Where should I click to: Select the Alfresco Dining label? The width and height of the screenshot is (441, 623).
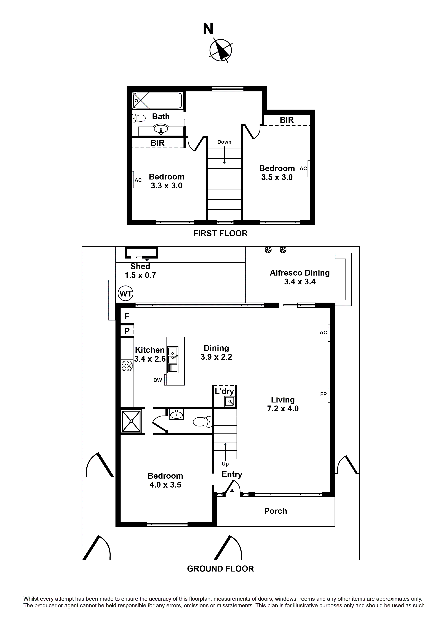[x=300, y=273]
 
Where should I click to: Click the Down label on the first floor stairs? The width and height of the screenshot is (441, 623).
[x=224, y=142]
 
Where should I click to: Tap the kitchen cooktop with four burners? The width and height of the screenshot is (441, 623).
[x=127, y=366]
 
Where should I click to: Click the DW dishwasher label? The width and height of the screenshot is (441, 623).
[x=158, y=380]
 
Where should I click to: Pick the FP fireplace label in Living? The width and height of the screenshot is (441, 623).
[x=323, y=394]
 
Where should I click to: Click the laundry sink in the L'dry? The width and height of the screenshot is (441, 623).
[x=230, y=401]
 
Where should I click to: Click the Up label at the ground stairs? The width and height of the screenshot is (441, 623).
[x=225, y=464]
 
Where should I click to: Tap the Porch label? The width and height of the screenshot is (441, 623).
[x=275, y=511]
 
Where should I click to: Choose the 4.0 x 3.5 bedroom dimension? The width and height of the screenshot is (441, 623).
[x=165, y=485]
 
